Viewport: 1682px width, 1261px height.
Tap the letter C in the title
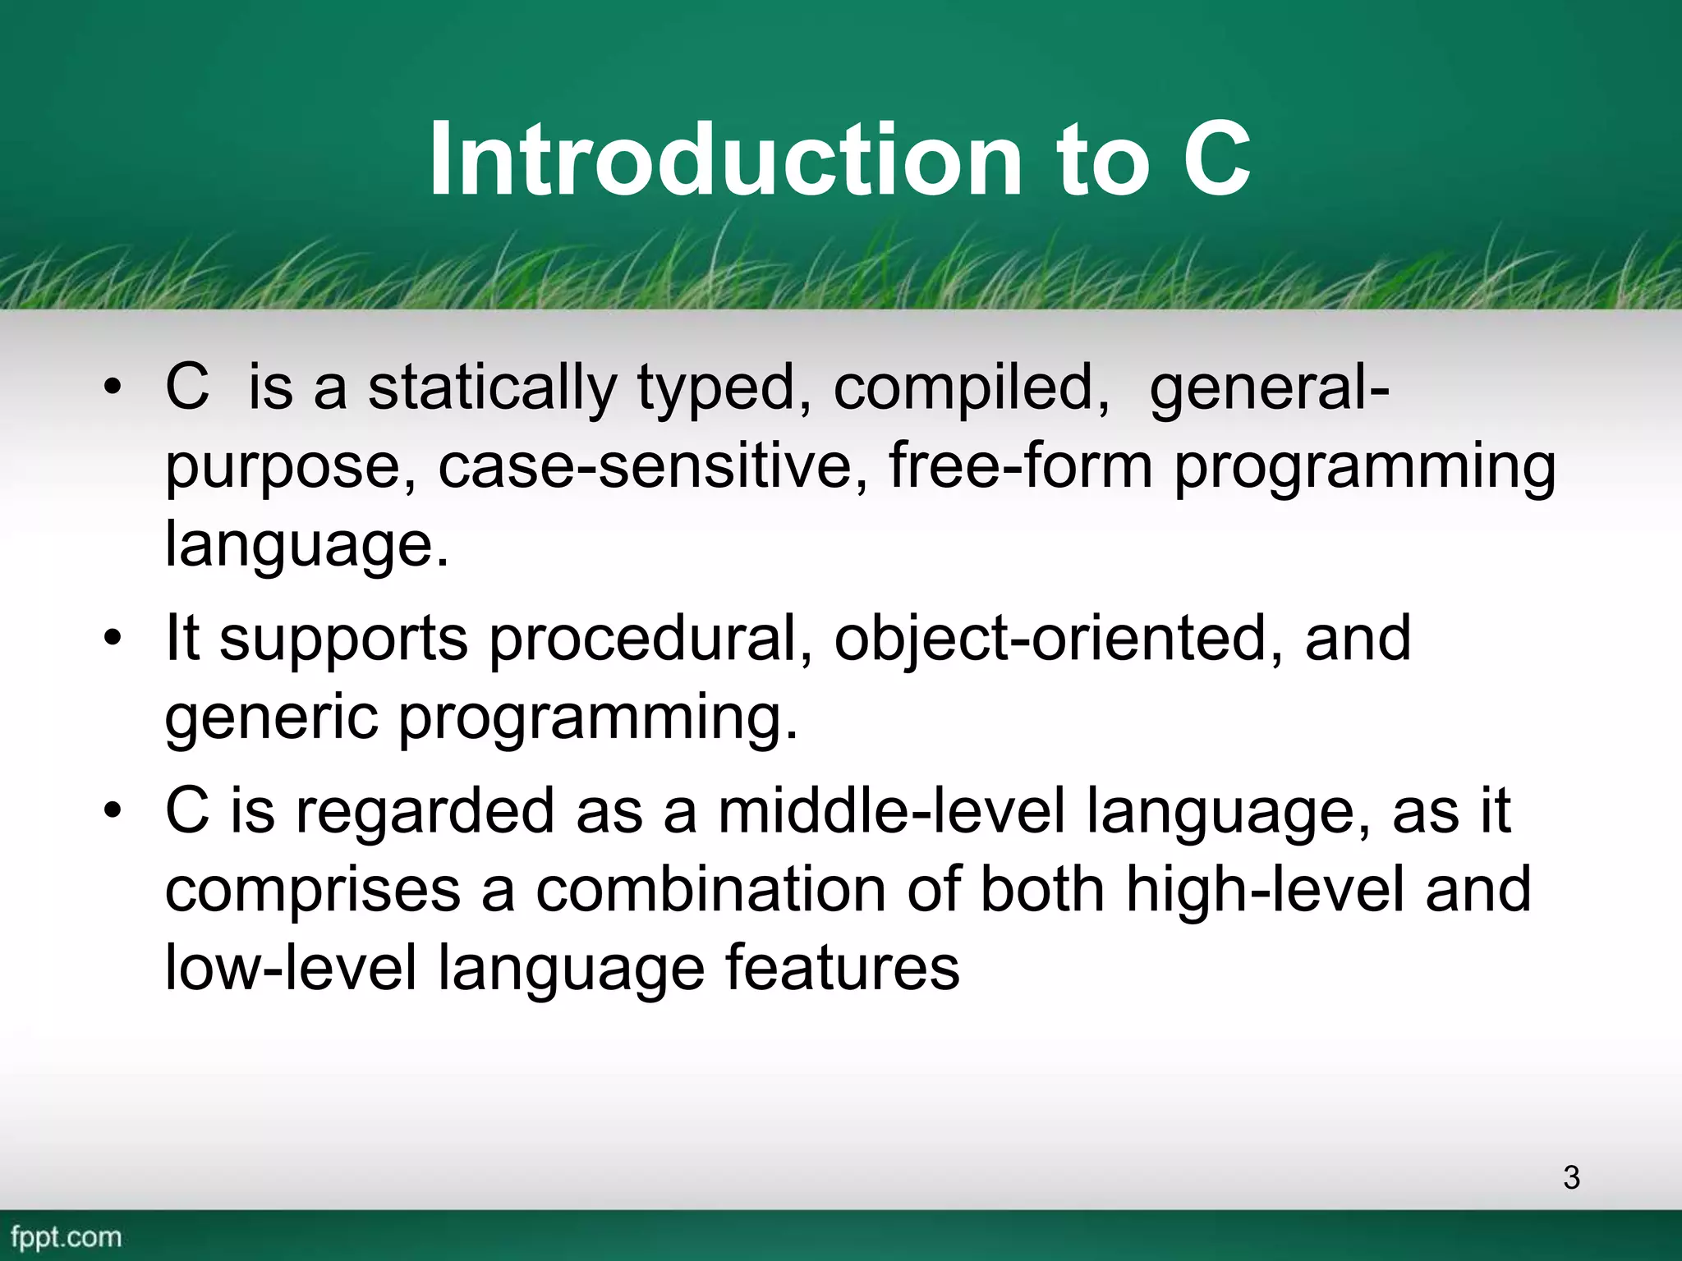pyautogui.click(x=1216, y=159)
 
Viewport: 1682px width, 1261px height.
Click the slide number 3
pyautogui.click(x=1571, y=1177)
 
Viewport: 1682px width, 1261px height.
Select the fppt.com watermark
pyautogui.click(x=67, y=1236)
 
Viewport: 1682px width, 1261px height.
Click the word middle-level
pyautogui.click(x=891, y=811)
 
